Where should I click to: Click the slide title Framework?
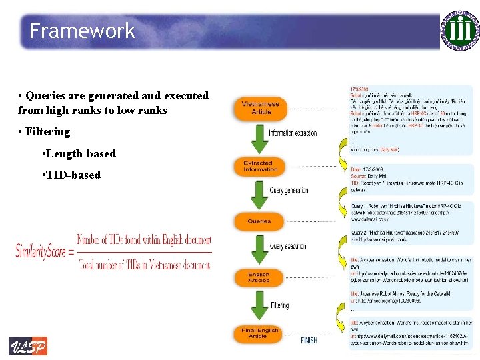tap(82, 31)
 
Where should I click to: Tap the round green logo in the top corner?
tap(460, 30)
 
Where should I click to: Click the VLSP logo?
tap(28, 346)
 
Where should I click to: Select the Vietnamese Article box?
tap(261, 107)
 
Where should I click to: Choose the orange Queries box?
tap(259, 221)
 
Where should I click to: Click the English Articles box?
tap(259, 277)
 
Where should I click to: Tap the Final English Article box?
tap(259, 333)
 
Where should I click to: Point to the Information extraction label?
tap(293, 133)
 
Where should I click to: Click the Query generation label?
tap(289, 190)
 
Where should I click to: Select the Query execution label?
tap(288, 246)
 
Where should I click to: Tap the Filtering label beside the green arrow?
tap(280, 305)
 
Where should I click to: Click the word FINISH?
tap(309, 340)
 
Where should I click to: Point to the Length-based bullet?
tap(79, 153)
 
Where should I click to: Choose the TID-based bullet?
tap(71, 175)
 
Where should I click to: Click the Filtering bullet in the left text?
tap(45, 131)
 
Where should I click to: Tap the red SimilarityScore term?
tap(41, 251)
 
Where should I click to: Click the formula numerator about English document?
tap(144, 240)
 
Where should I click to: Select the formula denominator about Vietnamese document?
tap(144, 265)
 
